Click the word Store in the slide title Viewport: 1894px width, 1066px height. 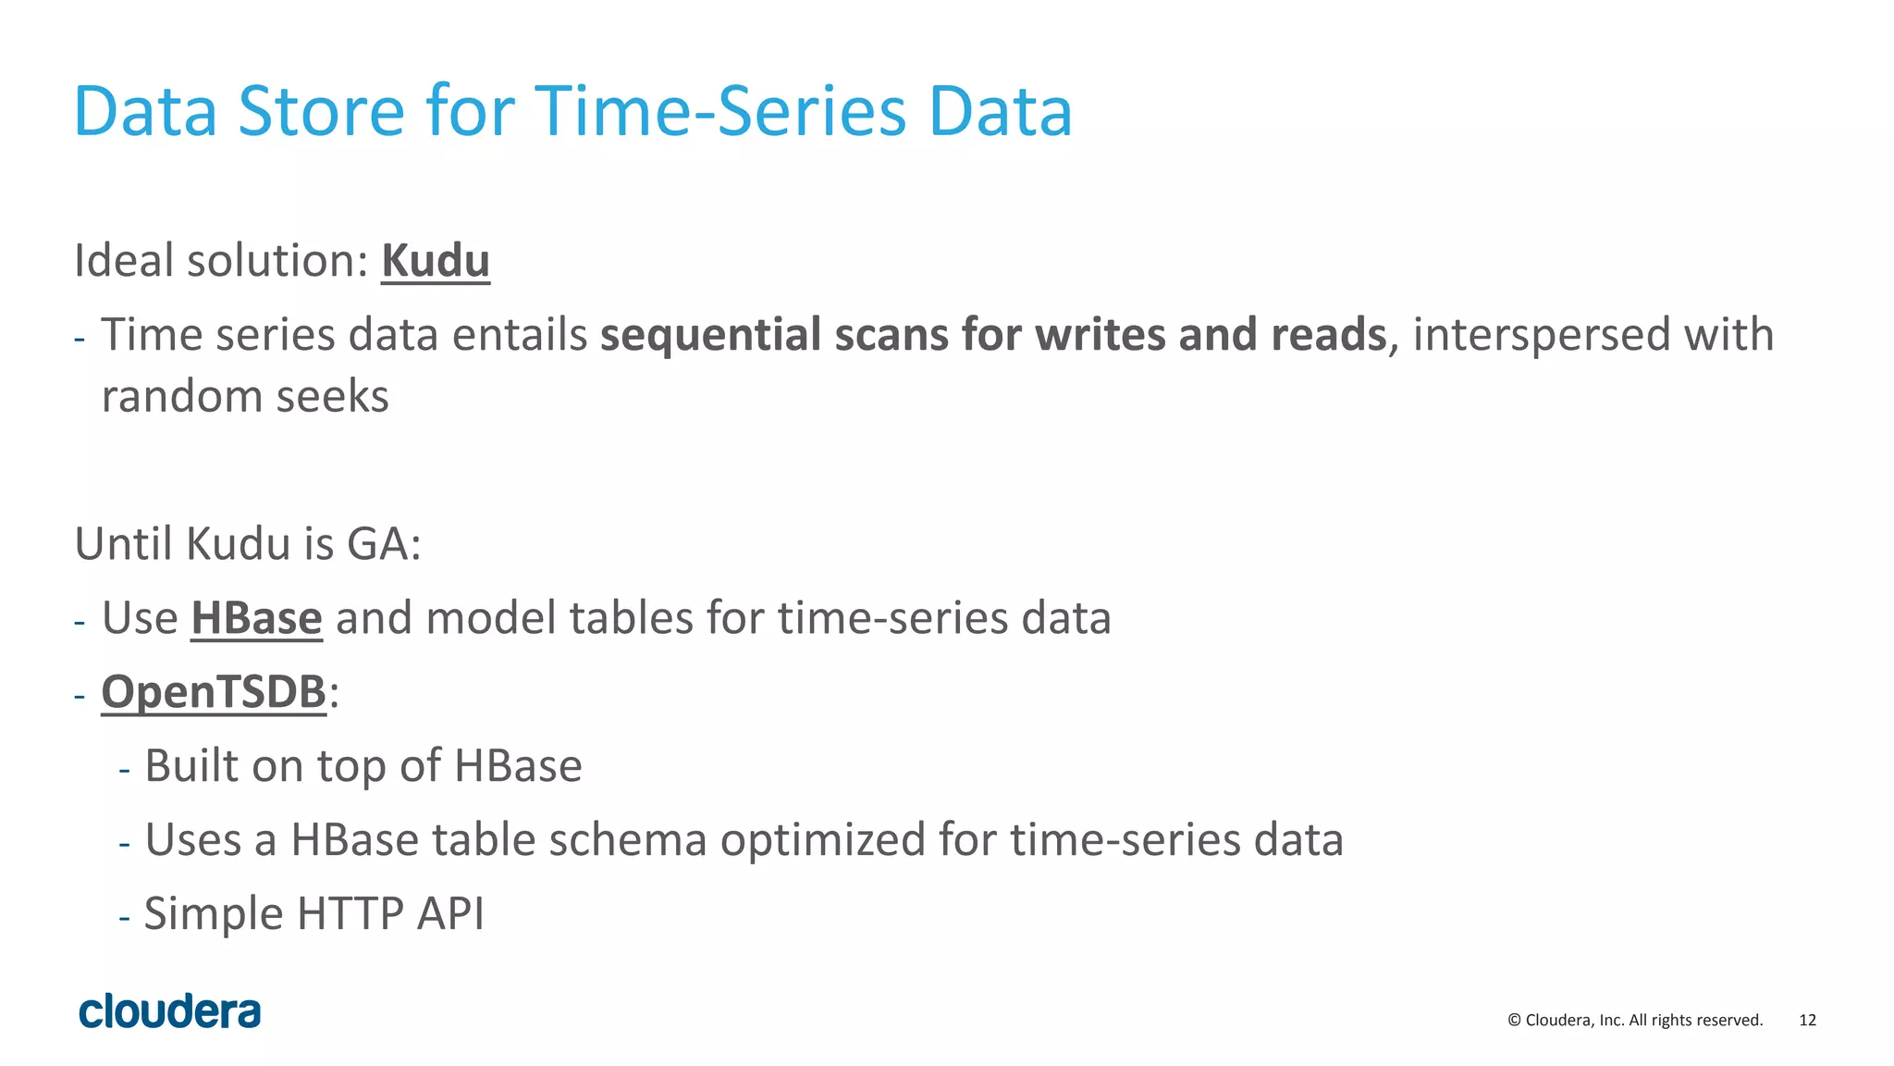click(321, 112)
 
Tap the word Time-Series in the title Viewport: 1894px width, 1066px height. click(720, 112)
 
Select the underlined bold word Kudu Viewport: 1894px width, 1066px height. click(435, 261)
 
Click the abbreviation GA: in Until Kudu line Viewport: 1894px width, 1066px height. click(384, 544)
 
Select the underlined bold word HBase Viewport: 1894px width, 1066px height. click(256, 618)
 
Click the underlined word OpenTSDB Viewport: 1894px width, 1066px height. click(214, 692)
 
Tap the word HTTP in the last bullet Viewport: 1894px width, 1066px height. click(350, 914)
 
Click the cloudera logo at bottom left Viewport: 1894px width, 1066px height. click(170, 1011)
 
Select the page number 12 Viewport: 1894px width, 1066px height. click(1807, 1021)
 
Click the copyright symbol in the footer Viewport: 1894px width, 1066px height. click(1514, 1021)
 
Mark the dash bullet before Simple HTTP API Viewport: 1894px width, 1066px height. click(125, 916)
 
